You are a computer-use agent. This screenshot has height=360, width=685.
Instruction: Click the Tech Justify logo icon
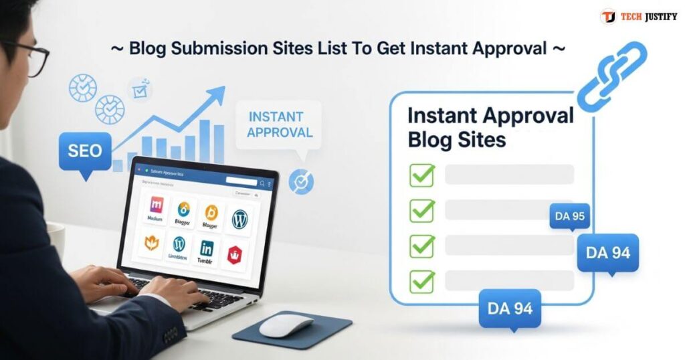pyautogui.click(x=608, y=17)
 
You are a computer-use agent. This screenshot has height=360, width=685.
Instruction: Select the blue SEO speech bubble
pyautogui.click(x=84, y=151)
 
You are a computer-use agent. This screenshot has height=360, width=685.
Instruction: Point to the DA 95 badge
pyautogui.click(x=569, y=216)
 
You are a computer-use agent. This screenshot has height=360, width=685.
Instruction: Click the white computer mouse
pyautogui.click(x=286, y=325)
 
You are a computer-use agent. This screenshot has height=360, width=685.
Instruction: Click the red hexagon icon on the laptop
pyautogui.click(x=234, y=254)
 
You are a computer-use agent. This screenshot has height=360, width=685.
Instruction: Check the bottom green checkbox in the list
pyautogui.click(x=421, y=280)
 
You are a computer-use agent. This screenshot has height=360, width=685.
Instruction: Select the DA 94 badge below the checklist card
pyautogui.click(x=510, y=308)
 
